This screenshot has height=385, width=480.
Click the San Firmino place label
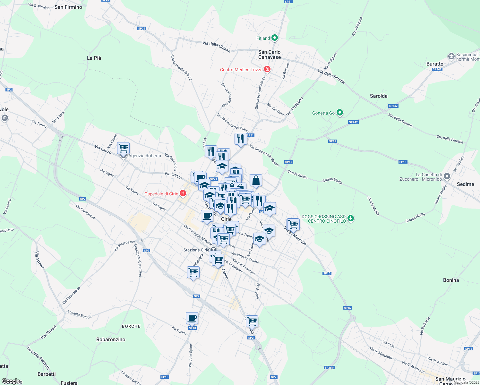pos(68,7)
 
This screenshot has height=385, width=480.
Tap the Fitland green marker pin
pos(274,38)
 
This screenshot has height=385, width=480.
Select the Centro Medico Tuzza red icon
pos(267,69)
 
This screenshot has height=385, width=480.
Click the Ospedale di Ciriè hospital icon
pos(183,193)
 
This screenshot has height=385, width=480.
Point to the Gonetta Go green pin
pos(340,113)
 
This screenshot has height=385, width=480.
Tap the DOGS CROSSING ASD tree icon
pos(351,218)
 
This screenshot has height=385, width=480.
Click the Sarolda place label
pos(379,96)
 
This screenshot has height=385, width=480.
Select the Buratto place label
pos(435,64)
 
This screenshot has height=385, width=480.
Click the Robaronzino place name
pos(111,339)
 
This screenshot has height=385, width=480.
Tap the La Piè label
pos(94,58)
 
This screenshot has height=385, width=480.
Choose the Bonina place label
pos(451,280)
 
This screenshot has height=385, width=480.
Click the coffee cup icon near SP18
pos(192,318)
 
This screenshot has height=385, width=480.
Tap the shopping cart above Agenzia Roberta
pos(123,148)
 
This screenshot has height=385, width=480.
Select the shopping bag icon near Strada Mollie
pos(256,181)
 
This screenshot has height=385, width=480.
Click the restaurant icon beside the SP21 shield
pos(240,139)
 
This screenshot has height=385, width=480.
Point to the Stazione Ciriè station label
pos(196,250)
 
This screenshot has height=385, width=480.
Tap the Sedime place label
pos(465,184)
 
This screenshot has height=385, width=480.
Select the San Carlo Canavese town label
pos(270,55)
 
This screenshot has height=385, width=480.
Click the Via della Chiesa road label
pos(216,47)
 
